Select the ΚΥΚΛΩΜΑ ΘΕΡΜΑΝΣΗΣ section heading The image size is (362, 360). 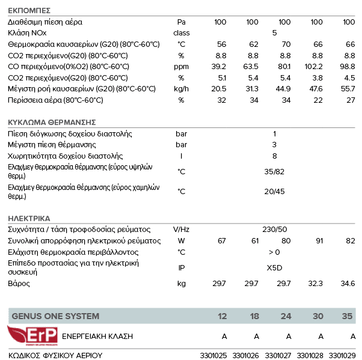coord(52,122)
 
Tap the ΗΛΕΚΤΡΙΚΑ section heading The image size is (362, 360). coord(29,218)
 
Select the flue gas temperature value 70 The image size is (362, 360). coord(286,44)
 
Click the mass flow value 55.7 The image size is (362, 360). coord(348,88)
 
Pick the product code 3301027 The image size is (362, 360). coord(277,355)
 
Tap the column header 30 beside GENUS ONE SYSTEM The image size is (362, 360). coord(318,316)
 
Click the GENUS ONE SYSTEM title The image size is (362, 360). coord(55,316)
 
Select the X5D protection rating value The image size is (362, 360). coord(274,267)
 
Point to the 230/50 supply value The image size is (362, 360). coord(275,230)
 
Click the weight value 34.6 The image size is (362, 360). coord(348,283)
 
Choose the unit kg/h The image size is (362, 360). coord(181,88)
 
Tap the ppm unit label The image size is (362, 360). coord(181,66)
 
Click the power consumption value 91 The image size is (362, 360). coord(319,241)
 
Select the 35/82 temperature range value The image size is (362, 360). coord(274,171)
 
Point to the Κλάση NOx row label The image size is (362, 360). coord(28,33)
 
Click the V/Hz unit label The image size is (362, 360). coord(181,230)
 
